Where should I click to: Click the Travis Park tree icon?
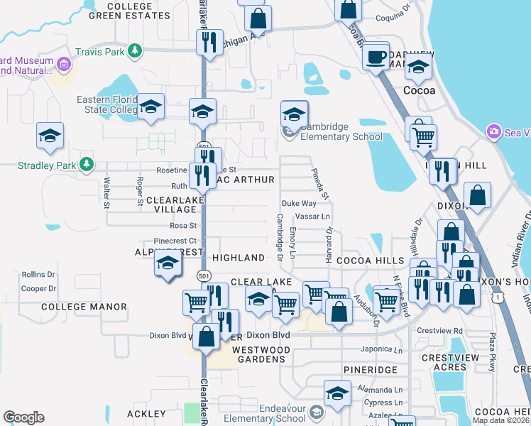[133, 50]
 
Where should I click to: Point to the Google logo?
[23, 417]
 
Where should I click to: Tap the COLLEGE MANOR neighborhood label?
[84, 307]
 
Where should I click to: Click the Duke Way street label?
[299, 203]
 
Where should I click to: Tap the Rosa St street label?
[182, 226]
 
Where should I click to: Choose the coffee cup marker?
[376, 55]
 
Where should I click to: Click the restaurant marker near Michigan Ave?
[209, 42]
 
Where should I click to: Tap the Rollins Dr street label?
[38, 274]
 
